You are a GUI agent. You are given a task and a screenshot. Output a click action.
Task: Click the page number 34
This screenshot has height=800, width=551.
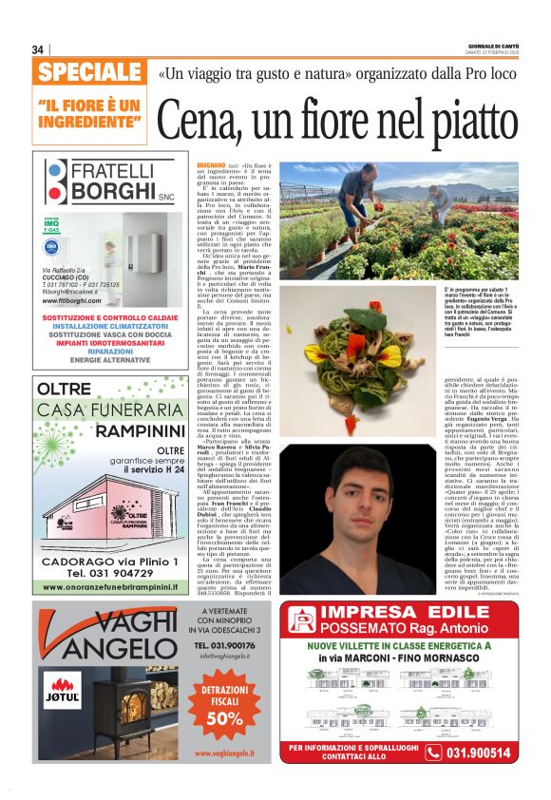tap(37, 49)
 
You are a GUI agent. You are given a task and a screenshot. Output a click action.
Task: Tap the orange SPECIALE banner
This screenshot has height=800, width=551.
tap(90, 72)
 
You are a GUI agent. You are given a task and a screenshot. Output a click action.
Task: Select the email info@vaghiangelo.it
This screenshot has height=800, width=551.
tap(226, 656)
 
